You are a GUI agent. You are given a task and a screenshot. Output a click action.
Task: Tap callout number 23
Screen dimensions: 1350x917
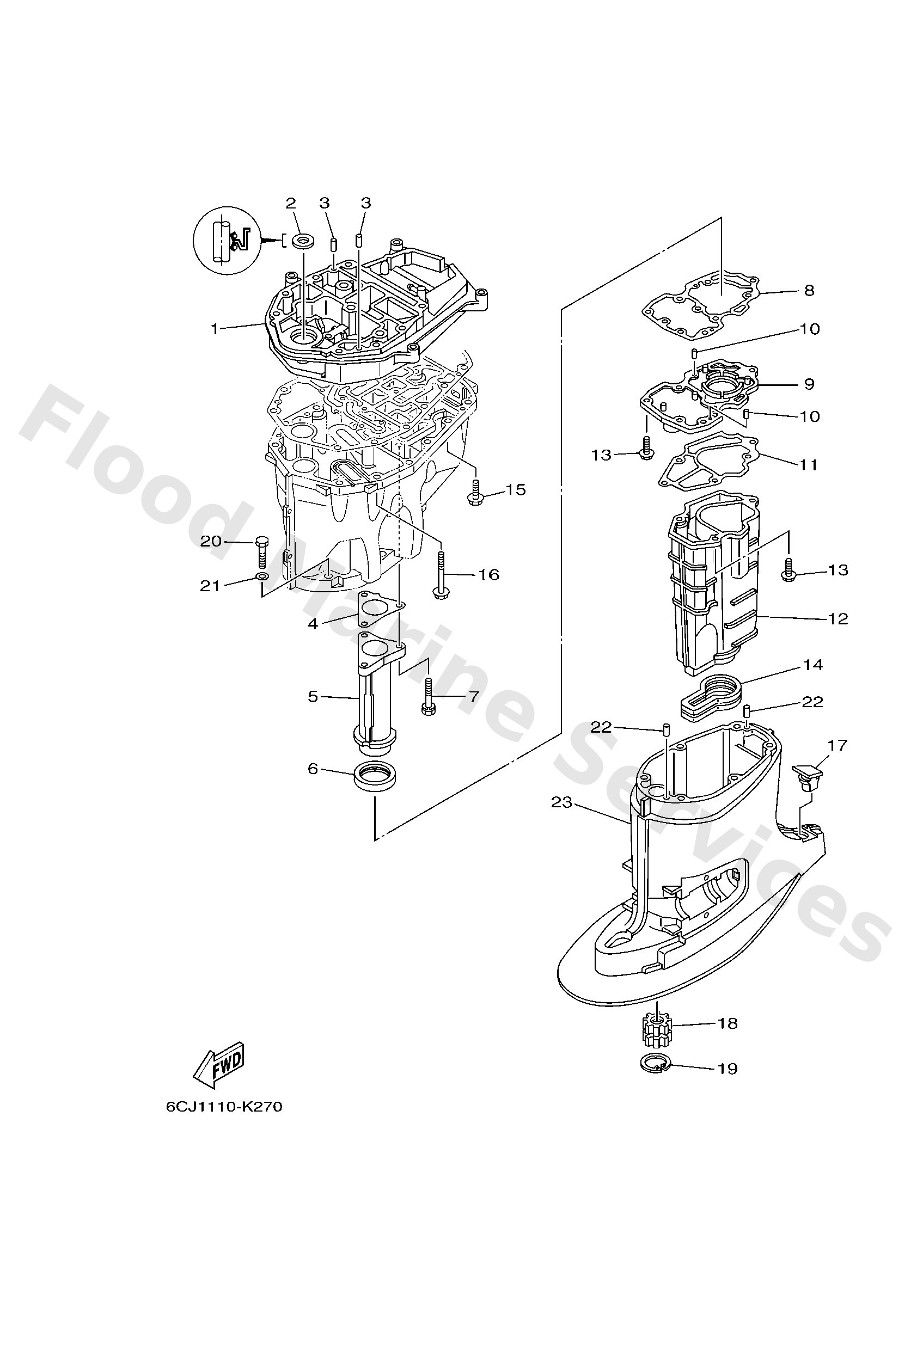562,802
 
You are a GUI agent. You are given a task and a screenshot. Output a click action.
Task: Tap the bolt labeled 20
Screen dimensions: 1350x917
261,553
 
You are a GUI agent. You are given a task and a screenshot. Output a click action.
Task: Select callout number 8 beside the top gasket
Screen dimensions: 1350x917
809,291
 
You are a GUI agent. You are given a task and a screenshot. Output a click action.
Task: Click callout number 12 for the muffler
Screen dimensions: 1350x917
837,618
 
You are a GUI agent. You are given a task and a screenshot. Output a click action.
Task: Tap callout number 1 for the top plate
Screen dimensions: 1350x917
215,329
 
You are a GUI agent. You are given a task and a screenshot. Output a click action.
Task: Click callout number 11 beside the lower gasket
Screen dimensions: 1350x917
808,465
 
